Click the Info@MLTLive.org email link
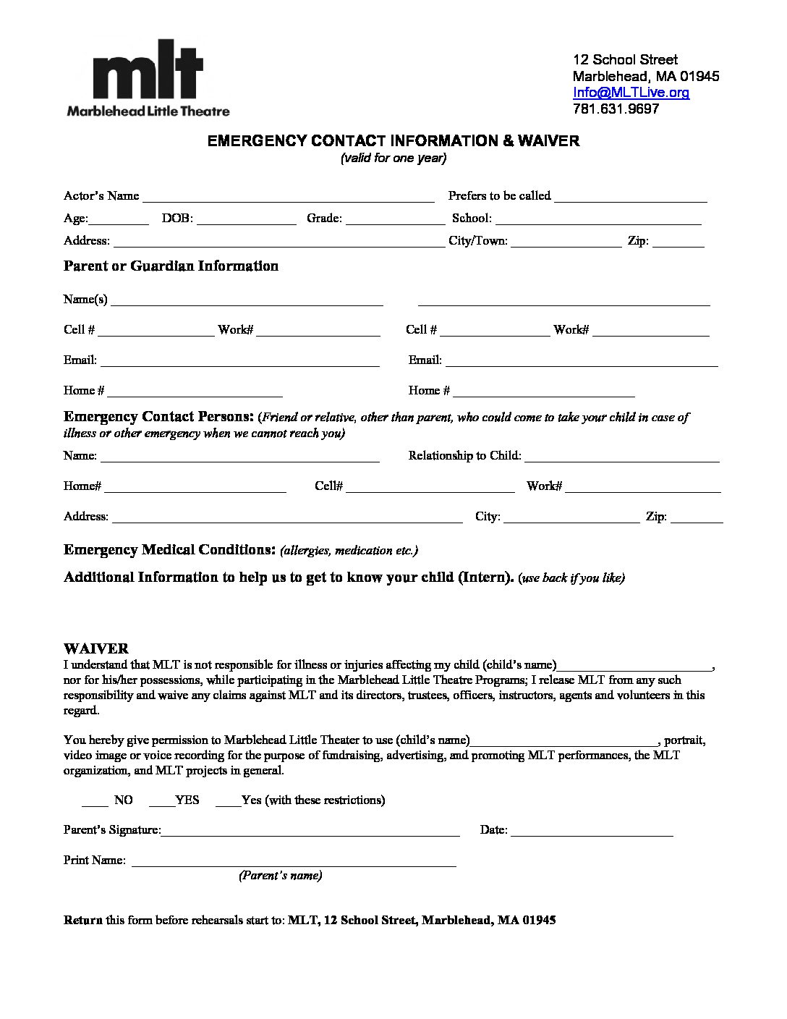(x=631, y=93)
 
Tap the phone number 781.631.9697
(x=616, y=109)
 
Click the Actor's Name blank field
(x=288, y=198)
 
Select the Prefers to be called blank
(x=631, y=198)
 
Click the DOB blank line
(x=246, y=220)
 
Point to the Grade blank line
(x=395, y=220)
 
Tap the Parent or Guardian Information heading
(x=171, y=266)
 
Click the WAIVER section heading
(x=96, y=648)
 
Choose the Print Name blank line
(x=294, y=862)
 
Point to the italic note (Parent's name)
(x=281, y=876)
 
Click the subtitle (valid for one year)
(x=393, y=158)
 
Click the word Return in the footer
(x=83, y=921)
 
